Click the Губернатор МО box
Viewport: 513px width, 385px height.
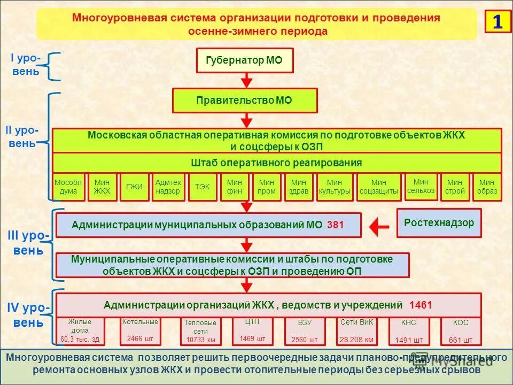(x=245, y=60)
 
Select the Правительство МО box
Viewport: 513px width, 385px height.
(x=244, y=101)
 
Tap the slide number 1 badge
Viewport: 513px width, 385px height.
(x=498, y=22)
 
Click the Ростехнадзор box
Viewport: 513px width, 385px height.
(x=439, y=223)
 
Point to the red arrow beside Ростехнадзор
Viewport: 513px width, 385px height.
(x=379, y=227)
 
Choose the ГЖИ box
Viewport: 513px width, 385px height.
(x=134, y=187)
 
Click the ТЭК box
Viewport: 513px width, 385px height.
(x=203, y=187)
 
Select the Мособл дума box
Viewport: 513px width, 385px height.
(x=68, y=187)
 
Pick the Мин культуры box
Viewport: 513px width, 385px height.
(x=335, y=187)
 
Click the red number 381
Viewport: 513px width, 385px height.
(x=336, y=225)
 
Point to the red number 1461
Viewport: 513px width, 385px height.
(x=421, y=306)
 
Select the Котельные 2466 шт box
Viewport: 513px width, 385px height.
(x=140, y=331)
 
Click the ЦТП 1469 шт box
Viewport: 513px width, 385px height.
(x=252, y=331)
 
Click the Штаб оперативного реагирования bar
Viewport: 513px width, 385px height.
(x=276, y=163)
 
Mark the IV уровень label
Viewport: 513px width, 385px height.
(x=29, y=315)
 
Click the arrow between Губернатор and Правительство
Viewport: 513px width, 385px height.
(x=246, y=80)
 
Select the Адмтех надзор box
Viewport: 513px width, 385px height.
(x=168, y=187)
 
